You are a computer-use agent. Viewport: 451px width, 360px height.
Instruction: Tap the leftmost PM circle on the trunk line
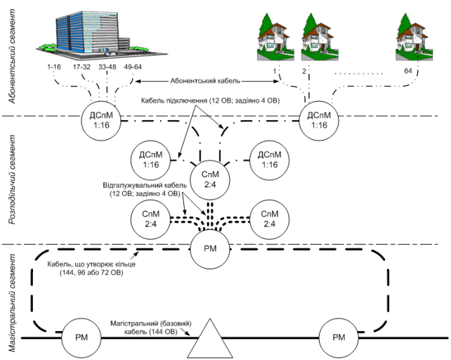[x=80, y=337]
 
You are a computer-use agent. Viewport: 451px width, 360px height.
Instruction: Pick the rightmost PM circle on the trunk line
[x=339, y=337]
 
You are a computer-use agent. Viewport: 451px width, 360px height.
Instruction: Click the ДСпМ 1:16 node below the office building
[x=102, y=120]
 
